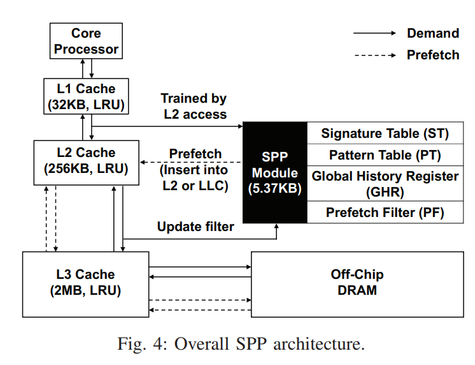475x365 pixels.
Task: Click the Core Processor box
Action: [x=86, y=41]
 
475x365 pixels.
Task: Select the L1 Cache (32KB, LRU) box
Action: [x=86, y=95]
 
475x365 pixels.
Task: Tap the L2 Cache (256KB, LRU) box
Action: [x=86, y=161]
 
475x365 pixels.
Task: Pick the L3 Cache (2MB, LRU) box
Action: [x=86, y=282]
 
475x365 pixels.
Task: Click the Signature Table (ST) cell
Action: [x=385, y=133]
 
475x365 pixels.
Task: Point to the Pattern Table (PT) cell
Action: [x=385, y=154]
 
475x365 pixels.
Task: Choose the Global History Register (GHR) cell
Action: [x=385, y=182]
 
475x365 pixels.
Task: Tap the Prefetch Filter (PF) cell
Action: [x=385, y=212]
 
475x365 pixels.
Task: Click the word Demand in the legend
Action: [x=432, y=33]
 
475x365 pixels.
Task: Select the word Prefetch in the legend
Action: [x=432, y=55]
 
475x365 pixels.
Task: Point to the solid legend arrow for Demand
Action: [x=375, y=33]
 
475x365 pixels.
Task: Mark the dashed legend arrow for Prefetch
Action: [x=375, y=55]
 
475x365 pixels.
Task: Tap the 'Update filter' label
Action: [x=196, y=227]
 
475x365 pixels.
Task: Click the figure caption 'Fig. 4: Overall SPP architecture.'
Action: [x=241, y=345]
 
